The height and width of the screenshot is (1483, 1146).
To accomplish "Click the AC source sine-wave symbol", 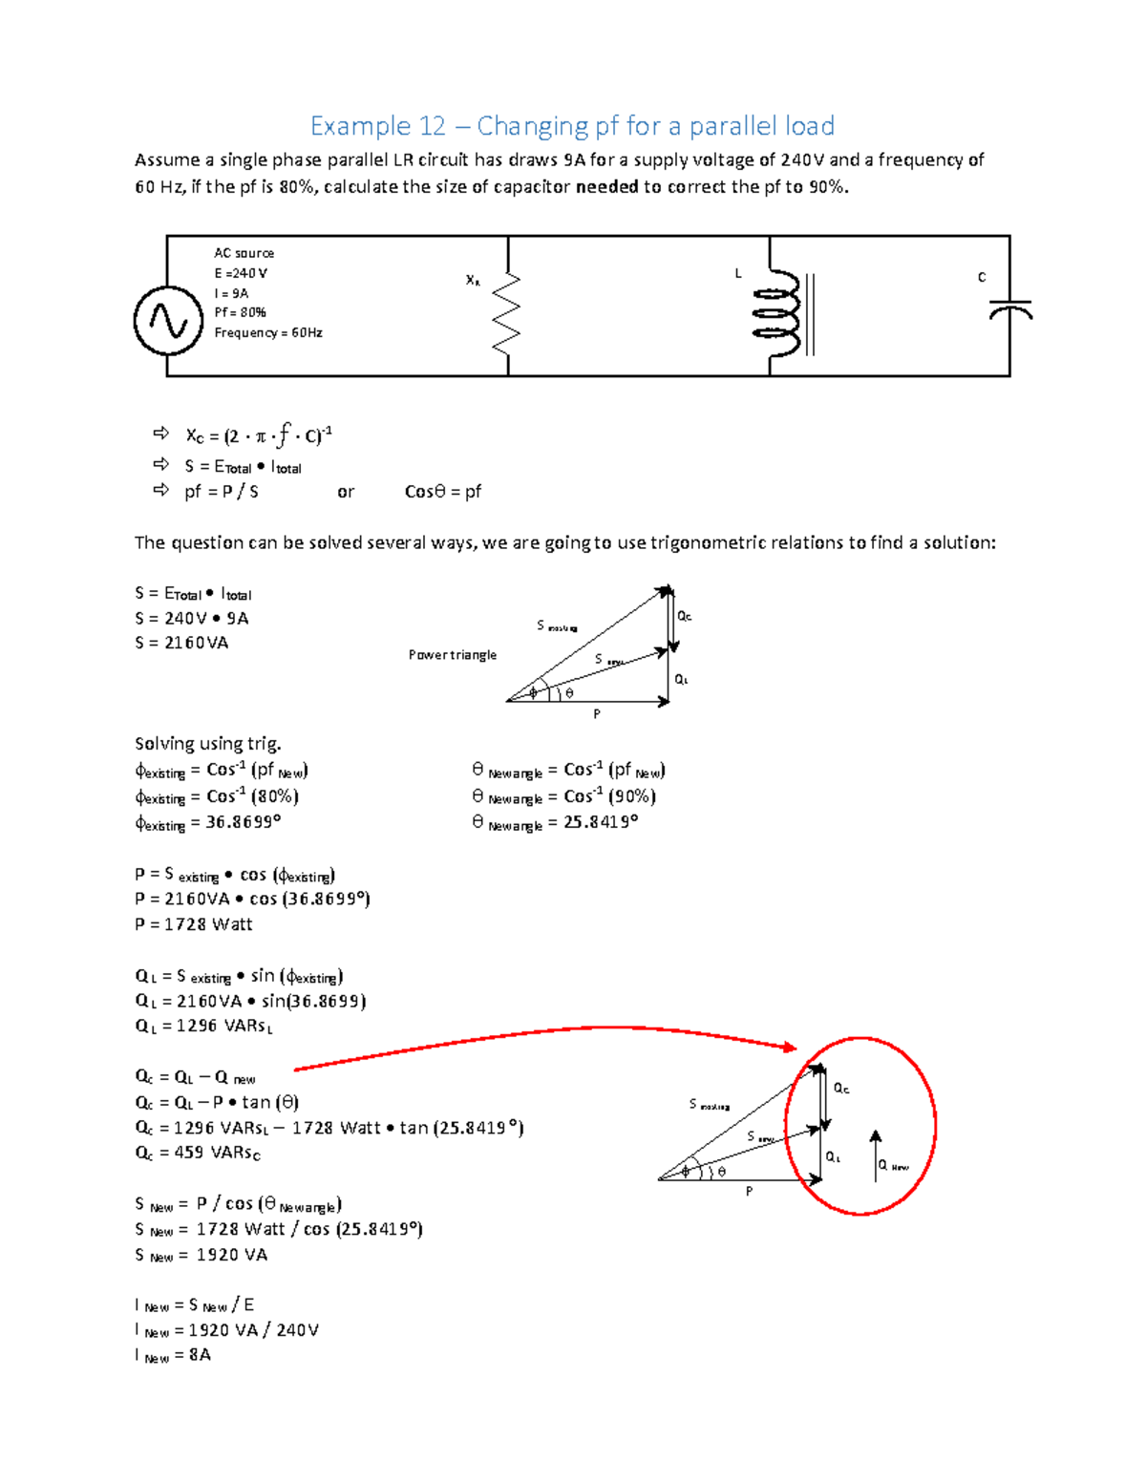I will (168, 321).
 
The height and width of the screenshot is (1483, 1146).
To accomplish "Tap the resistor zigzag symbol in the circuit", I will (507, 307).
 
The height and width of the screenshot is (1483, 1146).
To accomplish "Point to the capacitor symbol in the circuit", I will (1010, 309).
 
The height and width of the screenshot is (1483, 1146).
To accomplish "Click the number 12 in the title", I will (432, 126).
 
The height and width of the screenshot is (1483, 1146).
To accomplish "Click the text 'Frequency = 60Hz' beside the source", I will (268, 332).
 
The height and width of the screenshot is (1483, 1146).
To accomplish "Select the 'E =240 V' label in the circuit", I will (241, 273).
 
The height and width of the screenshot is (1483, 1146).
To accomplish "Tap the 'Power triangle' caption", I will (453, 655).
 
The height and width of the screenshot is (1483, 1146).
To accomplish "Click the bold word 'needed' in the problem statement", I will (606, 187).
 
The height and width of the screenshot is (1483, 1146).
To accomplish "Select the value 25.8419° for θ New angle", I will (600, 822).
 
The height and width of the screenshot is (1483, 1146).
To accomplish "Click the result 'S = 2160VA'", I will (181, 643).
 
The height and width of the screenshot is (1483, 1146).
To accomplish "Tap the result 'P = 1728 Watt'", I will (194, 924).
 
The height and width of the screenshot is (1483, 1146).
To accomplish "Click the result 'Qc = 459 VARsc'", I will (198, 1153).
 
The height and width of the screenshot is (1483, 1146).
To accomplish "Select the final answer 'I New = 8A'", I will (173, 1355).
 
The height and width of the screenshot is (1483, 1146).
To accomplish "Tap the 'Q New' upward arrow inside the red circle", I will (875, 1155).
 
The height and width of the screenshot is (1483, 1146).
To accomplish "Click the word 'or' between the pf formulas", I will (346, 493).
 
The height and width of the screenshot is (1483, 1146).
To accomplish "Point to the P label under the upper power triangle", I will (597, 714).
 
